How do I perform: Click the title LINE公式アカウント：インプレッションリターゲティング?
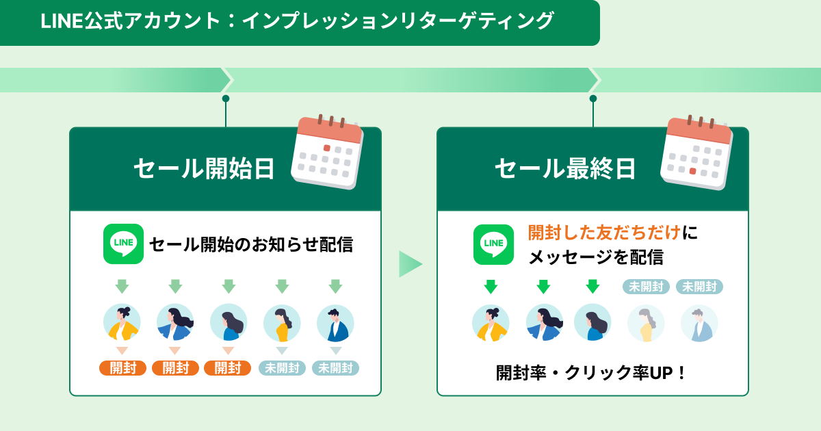pyautogui.click(x=297, y=21)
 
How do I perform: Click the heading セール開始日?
pyautogui.click(x=204, y=169)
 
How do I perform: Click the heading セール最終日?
pyautogui.click(x=565, y=169)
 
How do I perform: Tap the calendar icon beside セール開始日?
pyautogui.click(x=327, y=152)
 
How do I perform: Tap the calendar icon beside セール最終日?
pyautogui.click(x=696, y=153)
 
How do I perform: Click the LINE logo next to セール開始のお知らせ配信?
pyautogui.click(x=124, y=244)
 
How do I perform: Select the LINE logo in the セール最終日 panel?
pyautogui.click(x=493, y=244)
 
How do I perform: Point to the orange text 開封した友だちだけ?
pyautogui.click(x=604, y=233)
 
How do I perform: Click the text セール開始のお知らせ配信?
pyautogui.click(x=251, y=244)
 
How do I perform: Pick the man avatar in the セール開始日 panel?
pyautogui.click(x=335, y=323)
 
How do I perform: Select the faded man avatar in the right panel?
pyautogui.click(x=699, y=323)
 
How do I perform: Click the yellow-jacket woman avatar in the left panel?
pyautogui.click(x=122, y=322)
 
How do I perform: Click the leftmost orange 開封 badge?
pyautogui.click(x=122, y=368)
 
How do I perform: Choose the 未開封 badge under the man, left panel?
pyautogui.click(x=335, y=368)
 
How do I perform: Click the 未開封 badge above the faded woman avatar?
pyautogui.click(x=646, y=287)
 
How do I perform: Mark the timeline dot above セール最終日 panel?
pyautogui.click(x=593, y=99)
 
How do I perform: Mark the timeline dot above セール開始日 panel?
pyautogui.click(x=226, y=99)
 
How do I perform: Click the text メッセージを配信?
pyautogui.click(x=596, y=257)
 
